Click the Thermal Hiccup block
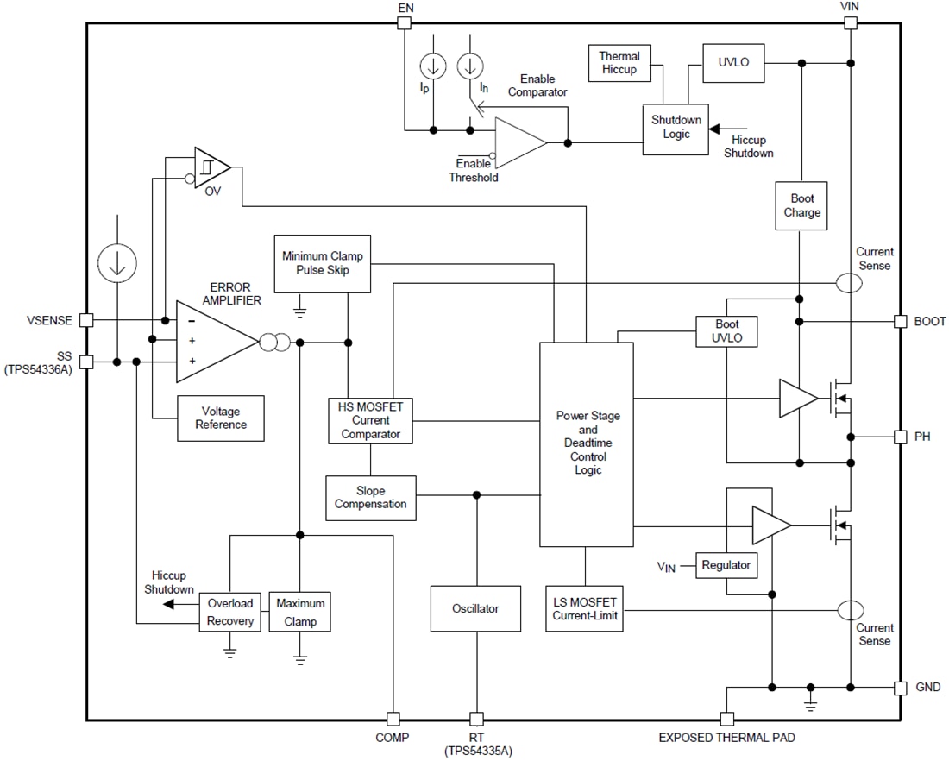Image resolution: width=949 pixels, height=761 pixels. click(619, 63)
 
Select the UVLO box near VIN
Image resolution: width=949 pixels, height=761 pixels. click(733, 63)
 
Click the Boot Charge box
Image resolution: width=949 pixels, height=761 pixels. click(801, 206)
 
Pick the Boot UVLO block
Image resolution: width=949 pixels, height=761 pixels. click(726, 331)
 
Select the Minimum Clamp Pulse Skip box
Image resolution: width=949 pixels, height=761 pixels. click(322, 263)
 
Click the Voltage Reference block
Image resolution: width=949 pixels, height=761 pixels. click(220, 418)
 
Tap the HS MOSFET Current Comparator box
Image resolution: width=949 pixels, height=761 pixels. click(370, 420)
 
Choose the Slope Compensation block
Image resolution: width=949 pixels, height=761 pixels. click(370, 498)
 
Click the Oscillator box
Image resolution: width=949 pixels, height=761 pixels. click(475, 608)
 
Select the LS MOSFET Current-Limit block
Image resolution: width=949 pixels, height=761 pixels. click(585, 608)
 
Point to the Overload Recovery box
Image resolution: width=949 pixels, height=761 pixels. click(229, 612)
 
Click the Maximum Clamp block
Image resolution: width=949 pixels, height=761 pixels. click(300, 612)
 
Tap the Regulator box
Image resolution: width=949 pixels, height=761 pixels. click(726, 566)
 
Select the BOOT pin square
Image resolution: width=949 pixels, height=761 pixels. click(900, 321)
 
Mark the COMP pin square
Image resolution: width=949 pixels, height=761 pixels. click(393, 719)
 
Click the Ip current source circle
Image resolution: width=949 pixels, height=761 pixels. click(431, 66)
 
